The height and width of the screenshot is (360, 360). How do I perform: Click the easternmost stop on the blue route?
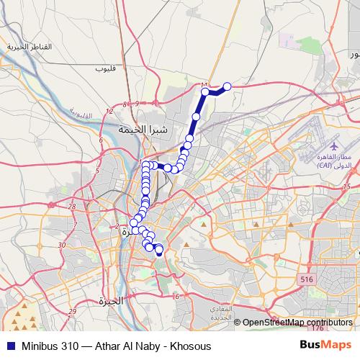point(228,86)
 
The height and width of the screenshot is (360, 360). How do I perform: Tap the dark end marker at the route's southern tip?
point(159,253)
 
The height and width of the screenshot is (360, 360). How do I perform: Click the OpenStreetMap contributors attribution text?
point(297,323)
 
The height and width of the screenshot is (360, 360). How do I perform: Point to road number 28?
point(71,207)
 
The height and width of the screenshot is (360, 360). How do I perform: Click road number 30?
point(62,245)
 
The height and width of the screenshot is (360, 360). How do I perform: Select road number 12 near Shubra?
point(109,112)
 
